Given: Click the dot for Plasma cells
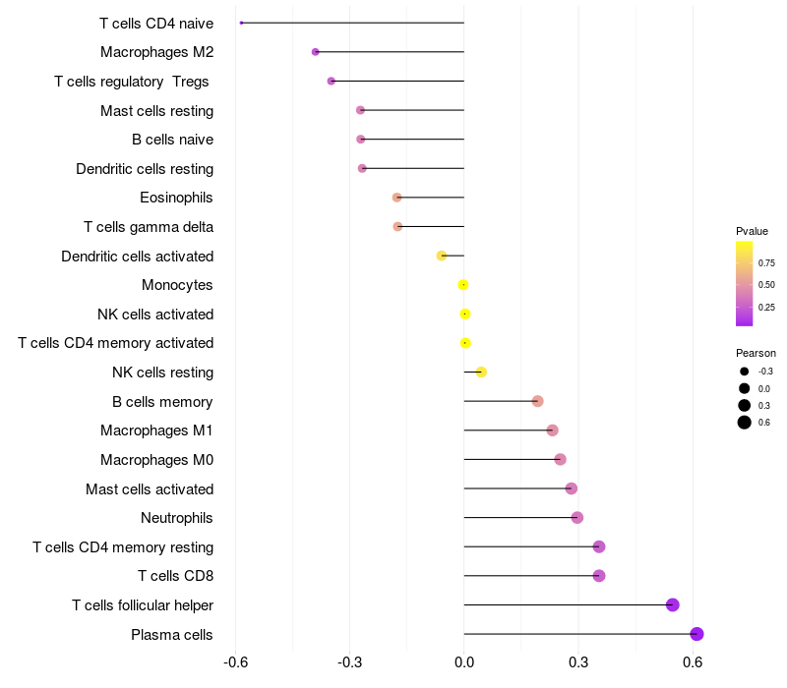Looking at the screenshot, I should (x=696, y=634).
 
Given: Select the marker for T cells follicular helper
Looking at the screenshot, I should (x=673, y=604).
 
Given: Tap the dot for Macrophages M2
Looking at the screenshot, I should (x=315, y=51).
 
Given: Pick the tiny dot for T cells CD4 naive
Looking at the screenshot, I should (x=241, y=23).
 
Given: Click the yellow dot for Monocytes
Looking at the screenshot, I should (x=463, y=285).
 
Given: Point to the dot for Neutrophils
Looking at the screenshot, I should (x=577, y=518).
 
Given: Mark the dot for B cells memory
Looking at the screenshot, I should (x=537, y=401).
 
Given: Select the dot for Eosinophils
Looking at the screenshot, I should (x=396, y=198).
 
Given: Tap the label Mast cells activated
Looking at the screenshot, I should (x=150, y=489).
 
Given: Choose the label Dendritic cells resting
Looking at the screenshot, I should (x=145, y=169).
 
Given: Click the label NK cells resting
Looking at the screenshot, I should (x=162, y=373).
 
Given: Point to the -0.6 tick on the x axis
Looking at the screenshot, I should (x=236, y=661).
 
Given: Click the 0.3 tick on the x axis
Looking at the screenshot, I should (x=578, y=661).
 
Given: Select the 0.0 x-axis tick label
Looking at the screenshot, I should (x=464, y=661).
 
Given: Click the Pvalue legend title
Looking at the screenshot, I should (x=752, y=231).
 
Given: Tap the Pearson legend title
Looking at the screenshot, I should (x=756, y=353).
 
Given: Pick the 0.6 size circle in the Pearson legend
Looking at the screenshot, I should (x=745, y=423).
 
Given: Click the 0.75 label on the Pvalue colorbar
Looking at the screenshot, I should (x=766, y=263).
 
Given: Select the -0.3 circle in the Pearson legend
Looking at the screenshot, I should (x=745, y=372).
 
